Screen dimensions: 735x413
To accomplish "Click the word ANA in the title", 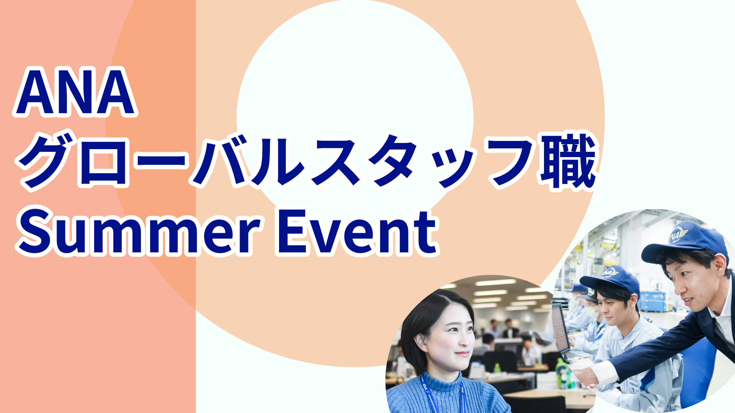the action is [x=75, y=92].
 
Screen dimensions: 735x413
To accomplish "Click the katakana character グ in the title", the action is [x=45, y=161].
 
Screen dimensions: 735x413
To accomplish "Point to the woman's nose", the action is [x=468, y=337].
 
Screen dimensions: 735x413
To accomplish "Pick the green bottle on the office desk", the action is [x=497, y=369].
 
